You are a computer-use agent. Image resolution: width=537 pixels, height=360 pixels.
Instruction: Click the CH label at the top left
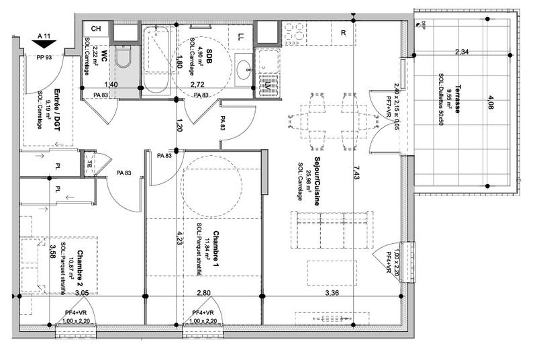[96, 29]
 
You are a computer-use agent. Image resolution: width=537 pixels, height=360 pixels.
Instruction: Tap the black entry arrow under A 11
[45, 44]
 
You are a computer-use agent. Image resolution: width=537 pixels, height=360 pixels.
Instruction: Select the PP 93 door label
[45, 58]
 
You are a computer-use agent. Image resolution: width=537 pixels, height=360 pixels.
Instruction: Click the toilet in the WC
[123, 58]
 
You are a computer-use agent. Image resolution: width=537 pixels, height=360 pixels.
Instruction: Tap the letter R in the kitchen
[343, 32]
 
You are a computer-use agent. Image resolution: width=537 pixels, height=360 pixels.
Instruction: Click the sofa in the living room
[331, 230]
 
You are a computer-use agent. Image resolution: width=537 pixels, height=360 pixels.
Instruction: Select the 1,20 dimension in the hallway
[180, 124]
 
